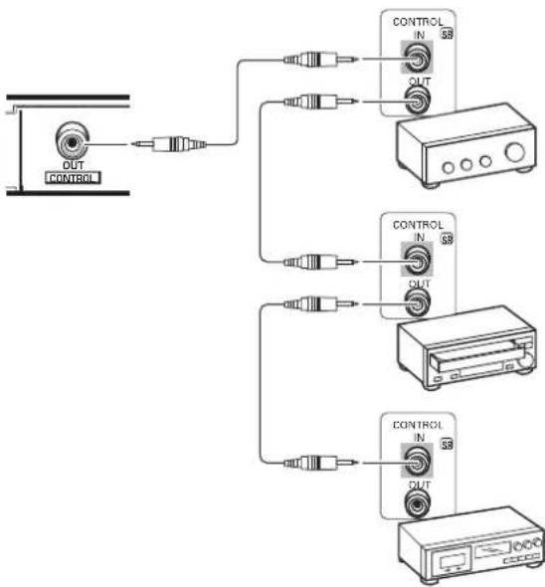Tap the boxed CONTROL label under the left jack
[x=76, y=180]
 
